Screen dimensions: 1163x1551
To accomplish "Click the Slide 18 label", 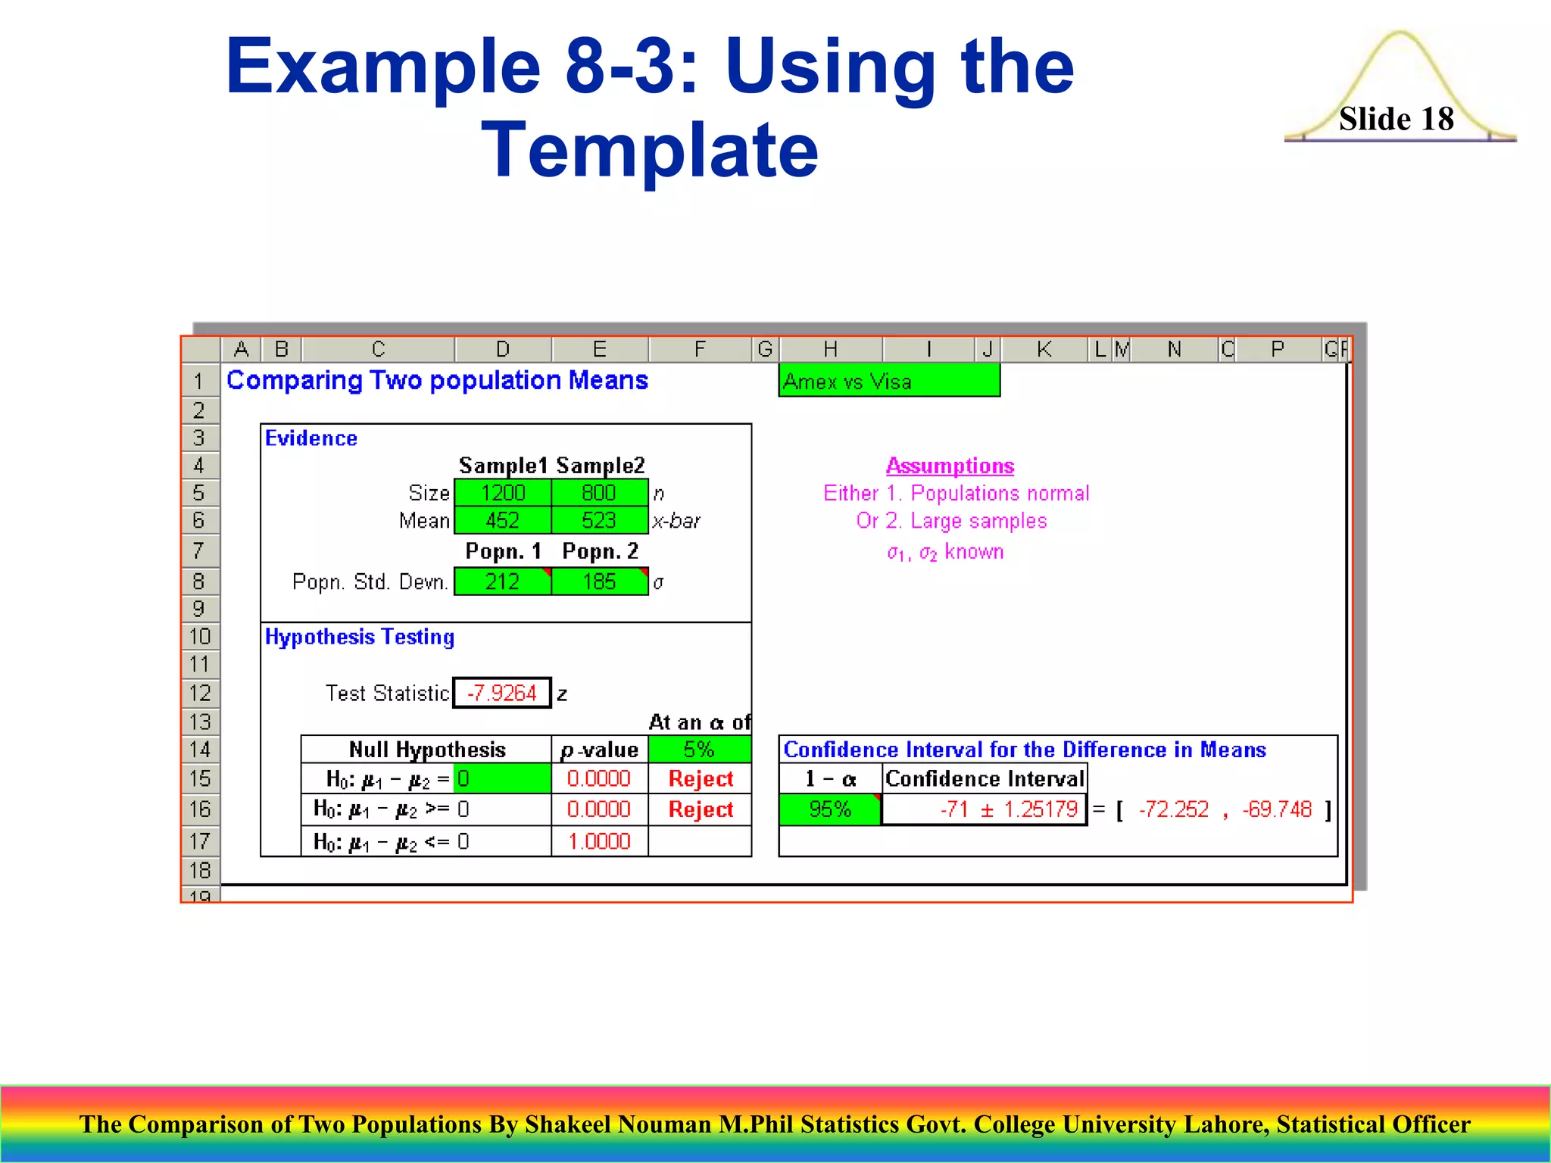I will tap(1396, 119).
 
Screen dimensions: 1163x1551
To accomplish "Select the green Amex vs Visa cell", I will tap(888, 381).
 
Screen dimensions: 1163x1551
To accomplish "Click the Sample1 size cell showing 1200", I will tap(503, 493).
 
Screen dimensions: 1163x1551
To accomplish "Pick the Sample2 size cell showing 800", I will tap(599, 493).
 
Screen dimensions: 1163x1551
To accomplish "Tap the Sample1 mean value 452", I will tap(503, 521).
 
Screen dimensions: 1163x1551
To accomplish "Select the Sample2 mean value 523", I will tap(599, 521).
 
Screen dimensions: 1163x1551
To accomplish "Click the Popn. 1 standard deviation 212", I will tap(502, 581).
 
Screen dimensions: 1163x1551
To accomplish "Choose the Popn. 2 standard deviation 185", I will tap(599, 581).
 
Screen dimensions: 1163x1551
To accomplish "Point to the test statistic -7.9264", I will tap(502, 693).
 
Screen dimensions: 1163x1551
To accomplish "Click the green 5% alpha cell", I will tap(699, 750).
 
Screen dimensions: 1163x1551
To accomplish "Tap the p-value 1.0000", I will tap(599, 841).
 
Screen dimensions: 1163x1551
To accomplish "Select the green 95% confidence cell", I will tap(830, 809).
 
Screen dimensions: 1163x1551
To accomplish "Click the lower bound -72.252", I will tap(1173, 809).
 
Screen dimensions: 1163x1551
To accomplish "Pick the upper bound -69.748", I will tap(1277, 809).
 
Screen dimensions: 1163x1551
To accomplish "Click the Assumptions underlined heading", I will tap(950, 466).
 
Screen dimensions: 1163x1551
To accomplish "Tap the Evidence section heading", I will tap(311, 438).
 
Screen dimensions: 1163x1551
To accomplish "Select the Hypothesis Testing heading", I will tap(360, 637).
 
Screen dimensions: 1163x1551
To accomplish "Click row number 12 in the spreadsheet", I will tap(200, 693).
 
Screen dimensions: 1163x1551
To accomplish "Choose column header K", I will tap(1044, 349).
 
